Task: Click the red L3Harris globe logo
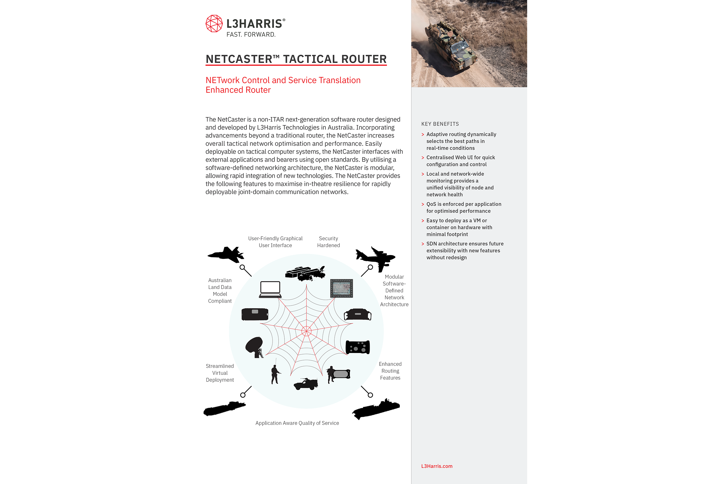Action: (214, 24)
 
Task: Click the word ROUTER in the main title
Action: (364, 59)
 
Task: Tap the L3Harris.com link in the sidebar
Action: (437, 466)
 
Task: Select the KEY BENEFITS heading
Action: (440, 124)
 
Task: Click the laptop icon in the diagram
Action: (270, 290)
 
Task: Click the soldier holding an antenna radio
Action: (275, 374)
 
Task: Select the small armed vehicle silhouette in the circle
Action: (306, 384)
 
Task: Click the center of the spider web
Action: (306, 331)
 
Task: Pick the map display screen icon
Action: (341, 288)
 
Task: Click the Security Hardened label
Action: (328, 242)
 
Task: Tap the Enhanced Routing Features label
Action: (390, 371)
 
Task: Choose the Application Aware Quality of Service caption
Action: (297, 423)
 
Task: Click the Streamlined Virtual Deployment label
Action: (220, 373)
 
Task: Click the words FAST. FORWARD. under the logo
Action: (251, 35)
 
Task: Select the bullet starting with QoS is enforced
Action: (464, 207)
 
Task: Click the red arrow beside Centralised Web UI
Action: (423, 158)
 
